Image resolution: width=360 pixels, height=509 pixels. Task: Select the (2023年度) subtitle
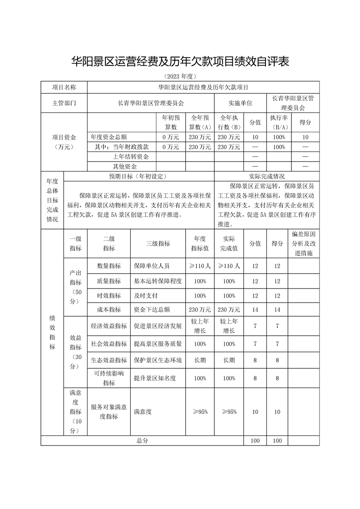tap(180, 76)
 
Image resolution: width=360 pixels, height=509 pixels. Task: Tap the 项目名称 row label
tap(64, 87)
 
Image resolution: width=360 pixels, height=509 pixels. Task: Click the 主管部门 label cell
tap(64, 103)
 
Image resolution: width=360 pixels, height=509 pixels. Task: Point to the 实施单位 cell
tap(240, 103)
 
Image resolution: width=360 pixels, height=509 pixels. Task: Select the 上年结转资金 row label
tap(131, 157)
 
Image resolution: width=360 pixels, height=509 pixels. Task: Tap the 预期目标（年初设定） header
tap(138, 176)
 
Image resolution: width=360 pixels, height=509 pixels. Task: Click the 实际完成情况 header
tap(266, 176)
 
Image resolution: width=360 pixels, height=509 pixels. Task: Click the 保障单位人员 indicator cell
tap(152, 266)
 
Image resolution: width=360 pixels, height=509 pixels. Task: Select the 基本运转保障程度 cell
tap(158, 281)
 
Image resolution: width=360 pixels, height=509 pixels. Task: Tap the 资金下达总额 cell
tap(152, 310)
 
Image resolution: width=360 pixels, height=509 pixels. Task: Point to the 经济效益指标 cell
tap(109, 326)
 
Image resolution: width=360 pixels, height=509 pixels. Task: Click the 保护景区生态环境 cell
tap(158, 360)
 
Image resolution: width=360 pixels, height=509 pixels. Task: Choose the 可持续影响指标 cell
tap(109, 378)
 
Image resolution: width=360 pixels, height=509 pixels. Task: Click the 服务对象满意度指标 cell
tap(109, 412)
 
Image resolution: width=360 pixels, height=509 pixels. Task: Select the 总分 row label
tap(142, 440)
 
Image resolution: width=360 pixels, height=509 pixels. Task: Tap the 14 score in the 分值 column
tap(255, 310)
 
